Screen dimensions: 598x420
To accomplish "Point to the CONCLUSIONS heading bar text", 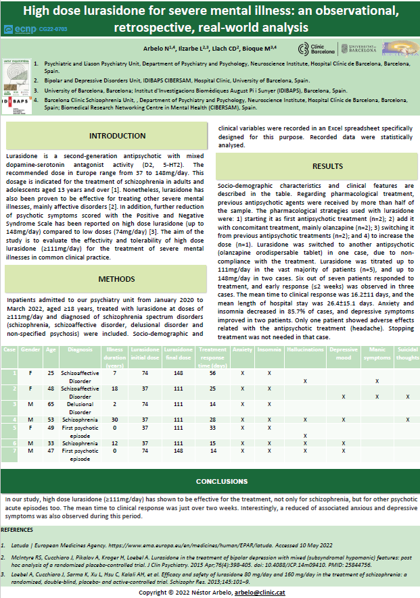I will pos(210,481).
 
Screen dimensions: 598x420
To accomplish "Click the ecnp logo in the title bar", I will pos(20,29).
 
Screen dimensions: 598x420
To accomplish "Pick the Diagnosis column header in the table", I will pos(80,351).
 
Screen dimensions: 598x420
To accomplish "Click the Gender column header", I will pos(31,351).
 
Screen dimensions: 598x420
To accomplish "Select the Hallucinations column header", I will pos(305,351).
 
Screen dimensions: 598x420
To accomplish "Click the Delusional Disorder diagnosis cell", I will pos(80,407).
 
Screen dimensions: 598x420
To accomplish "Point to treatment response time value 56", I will pos(212,373).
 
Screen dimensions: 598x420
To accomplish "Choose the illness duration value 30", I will pos(115,420).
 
